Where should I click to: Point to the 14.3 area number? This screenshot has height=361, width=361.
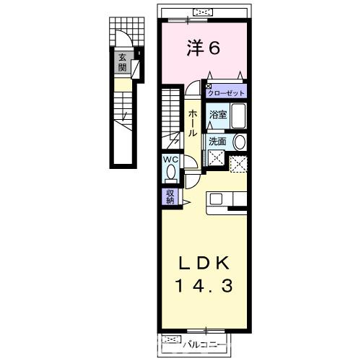(203, 286)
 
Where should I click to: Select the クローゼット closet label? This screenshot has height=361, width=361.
(226, 92)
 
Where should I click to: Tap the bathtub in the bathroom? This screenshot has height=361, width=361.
(238, 116)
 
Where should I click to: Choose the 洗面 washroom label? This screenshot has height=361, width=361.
(217, 142)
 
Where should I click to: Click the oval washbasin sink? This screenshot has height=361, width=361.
(240, 143)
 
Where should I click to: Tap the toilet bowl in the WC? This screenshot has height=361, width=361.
(170, 173)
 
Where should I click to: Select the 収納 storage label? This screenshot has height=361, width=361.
(171, 196)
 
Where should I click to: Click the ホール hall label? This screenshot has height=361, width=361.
(193, 124)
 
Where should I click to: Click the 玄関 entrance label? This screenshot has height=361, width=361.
(123, 63)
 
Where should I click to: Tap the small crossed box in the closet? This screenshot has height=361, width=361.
(209, 85)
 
